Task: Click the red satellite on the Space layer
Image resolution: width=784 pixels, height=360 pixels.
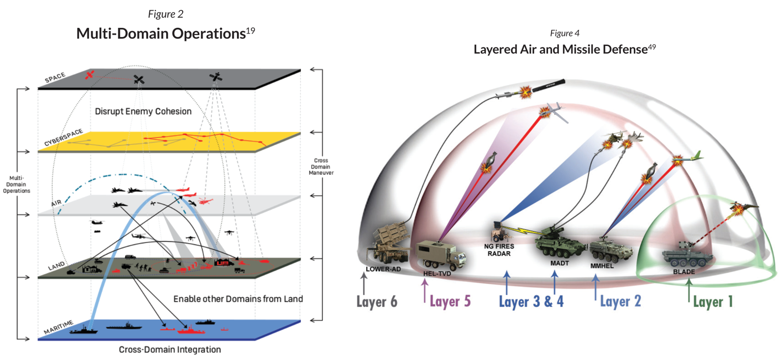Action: (x=90, y=74)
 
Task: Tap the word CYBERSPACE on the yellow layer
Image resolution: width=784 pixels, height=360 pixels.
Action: (x=63, y=137)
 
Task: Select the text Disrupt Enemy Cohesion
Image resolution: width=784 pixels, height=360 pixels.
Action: (x=143, y=111)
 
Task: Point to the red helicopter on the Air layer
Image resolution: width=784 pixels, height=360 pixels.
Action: (x=205, y=201)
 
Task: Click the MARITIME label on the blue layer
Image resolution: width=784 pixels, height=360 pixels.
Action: (x=58, y=327)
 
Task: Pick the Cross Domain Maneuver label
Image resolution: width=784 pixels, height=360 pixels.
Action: (x=321, y=167)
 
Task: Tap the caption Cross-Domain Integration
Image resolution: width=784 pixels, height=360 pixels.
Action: (x=170, y=350)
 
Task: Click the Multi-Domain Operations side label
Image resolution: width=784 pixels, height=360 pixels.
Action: (x=16, y=184)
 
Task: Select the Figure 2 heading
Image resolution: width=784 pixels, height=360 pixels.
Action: (x=166, y=14)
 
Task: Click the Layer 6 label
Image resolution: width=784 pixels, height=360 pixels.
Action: (x=377, y=302)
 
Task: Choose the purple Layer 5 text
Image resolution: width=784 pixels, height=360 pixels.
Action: (x=450, y=301)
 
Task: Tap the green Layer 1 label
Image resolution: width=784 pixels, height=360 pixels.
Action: (x=713, y=302)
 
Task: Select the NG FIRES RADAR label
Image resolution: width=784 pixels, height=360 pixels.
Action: (x=499, y=250)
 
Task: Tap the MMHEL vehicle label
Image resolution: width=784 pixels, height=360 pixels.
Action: (x=602, y=266)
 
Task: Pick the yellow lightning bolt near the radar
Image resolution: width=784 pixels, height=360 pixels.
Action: (x=524, y=230)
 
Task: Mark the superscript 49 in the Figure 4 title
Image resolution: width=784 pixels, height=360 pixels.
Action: (x=652, y=46)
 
